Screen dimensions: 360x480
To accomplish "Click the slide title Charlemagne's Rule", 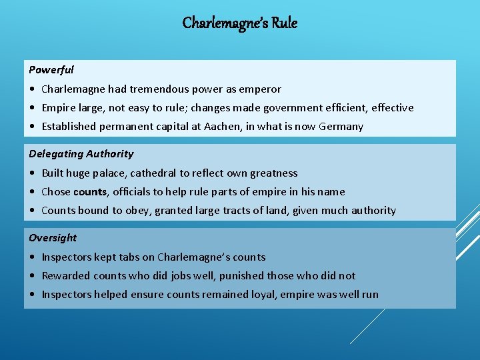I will (240, 23).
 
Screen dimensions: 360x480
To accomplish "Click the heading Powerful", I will (51, 69).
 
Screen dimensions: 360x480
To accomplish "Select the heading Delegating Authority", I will (81, 153).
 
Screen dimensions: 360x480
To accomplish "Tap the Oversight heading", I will (53, 237).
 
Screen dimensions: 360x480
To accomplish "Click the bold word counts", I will (90, 191).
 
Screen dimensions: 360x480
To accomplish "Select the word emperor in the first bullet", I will (261, 89).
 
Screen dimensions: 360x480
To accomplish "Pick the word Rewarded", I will (66, 275).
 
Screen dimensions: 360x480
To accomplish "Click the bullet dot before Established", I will (33, 127).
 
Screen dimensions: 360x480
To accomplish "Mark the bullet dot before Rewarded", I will (33, 276).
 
